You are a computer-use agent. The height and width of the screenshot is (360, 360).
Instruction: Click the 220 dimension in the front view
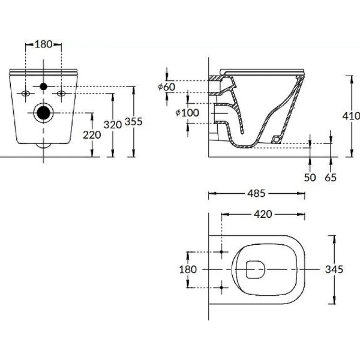point(92,134)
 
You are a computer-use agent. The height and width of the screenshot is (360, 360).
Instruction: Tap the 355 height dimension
point(133,122)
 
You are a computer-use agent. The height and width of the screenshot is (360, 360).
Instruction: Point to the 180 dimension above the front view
point(44,44)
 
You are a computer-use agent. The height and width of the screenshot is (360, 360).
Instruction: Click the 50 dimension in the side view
point(310,178)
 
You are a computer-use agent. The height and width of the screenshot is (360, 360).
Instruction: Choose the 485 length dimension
point(256,194)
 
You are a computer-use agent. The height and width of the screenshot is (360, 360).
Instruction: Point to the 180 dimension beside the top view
point(188,269)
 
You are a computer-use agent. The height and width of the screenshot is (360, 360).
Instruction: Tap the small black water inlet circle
point(43,87)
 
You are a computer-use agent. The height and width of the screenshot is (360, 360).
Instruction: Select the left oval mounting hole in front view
point(26,94)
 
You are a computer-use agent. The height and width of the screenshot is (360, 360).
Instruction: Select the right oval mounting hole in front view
point(61,94)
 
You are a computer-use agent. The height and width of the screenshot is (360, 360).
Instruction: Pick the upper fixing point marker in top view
point(222,251)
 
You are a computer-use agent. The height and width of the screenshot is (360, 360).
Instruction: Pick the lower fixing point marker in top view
point(222,288)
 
